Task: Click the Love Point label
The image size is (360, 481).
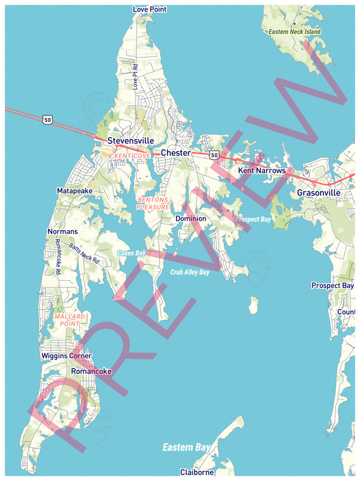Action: click(149, 10)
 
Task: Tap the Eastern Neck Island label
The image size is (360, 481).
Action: click(295, 32)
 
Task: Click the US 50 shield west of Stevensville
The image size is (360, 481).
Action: click(48, 119)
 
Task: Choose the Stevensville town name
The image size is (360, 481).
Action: click(130, 141)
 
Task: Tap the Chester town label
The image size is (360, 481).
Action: click(175, 153)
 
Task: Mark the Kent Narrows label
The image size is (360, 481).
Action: click(262, 170)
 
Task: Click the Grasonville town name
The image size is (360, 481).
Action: click(318, 193)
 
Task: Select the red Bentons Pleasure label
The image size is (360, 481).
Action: click(153, 203)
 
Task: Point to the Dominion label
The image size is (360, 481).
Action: click(191, 218)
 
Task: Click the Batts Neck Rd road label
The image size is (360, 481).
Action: click(84, 253)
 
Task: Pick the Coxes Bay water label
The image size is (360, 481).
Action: click(132, 253)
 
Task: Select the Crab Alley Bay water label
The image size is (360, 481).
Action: click(190, 272)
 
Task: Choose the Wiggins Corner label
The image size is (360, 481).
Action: click(66, 356)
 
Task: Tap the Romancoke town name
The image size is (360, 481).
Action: click(91, 372)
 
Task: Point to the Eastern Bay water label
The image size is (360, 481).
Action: click(186, 447)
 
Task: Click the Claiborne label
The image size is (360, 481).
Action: click(197, 473)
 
